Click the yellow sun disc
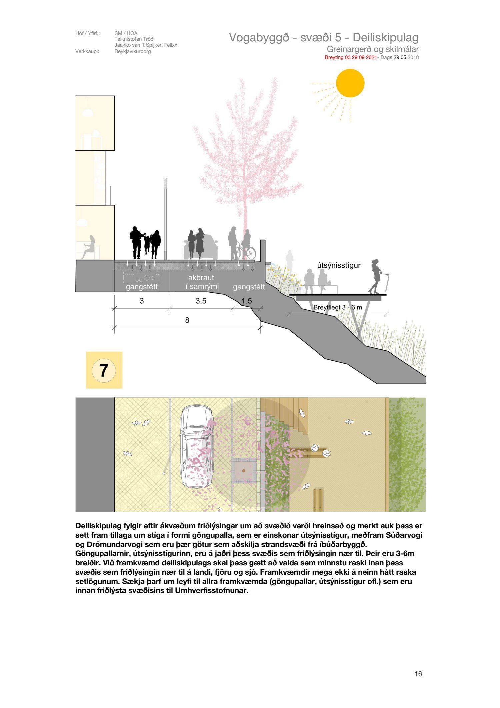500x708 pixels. [350, 83]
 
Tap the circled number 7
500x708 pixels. [104, 370]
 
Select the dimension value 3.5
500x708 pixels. [201, 301]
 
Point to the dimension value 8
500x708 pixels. [187, 320]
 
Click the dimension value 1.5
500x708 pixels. [247, 301]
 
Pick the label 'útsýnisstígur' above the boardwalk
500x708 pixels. [339, 265]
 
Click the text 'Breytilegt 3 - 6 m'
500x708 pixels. [338, 307]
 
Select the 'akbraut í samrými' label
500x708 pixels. [201, 282]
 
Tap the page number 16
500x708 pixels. [418, 674]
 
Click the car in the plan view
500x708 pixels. [197, 446]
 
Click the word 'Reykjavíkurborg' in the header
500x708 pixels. [133, 51]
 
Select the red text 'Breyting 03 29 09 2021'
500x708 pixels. [351, 57]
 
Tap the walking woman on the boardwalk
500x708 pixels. [376, 276]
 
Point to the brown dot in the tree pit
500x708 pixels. [244, 471]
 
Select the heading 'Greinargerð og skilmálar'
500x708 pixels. [373, 49]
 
